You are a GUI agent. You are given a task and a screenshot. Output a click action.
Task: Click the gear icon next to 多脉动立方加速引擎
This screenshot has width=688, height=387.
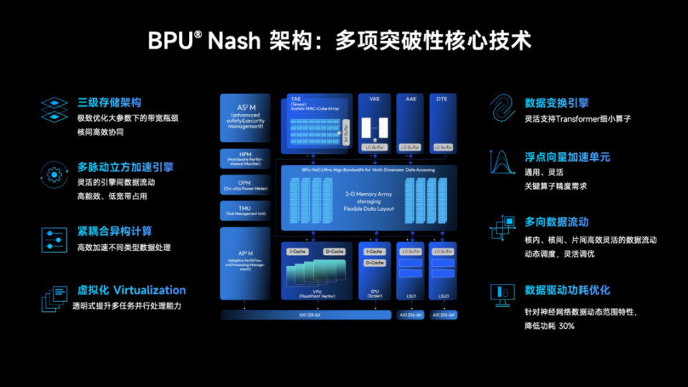tap(52, 173)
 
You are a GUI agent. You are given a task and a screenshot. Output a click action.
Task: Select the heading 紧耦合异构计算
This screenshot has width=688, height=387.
tap(114, 231)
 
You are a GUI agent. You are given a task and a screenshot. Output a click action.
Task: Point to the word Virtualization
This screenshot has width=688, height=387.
tap(149, 290)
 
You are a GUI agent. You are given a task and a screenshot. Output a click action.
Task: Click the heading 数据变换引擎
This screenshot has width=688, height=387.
tap(557, 102)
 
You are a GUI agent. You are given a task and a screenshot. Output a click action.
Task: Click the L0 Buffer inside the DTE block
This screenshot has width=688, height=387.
tap(442, 147)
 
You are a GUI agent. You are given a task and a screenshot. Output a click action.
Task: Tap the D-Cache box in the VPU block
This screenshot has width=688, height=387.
tap(334, 252)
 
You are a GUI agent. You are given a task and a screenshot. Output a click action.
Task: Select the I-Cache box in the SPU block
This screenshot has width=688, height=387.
tap(374, 252)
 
